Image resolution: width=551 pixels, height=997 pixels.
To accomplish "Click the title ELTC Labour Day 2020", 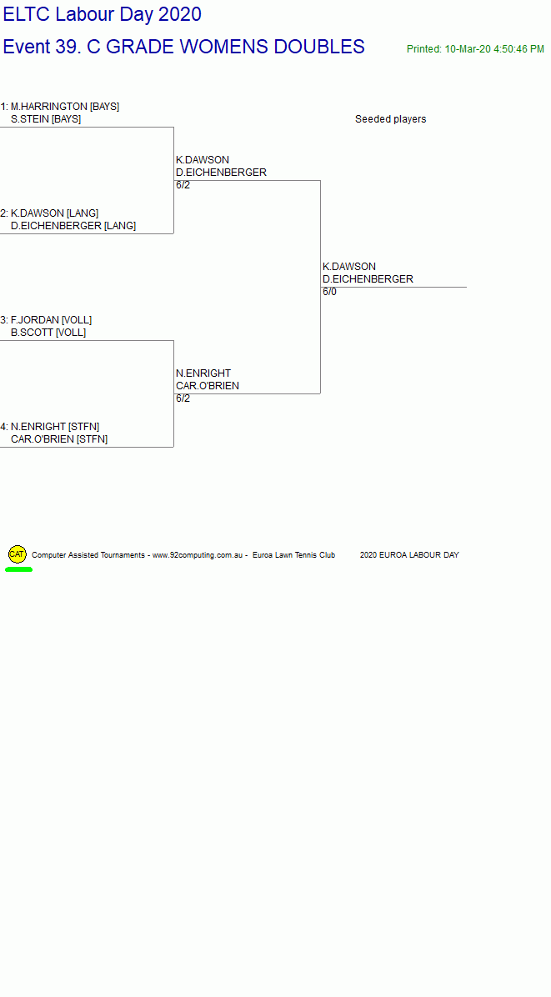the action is [103, 14].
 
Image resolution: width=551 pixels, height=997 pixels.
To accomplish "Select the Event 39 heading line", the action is [183, 47].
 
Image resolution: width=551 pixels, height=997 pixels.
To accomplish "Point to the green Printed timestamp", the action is [475, 49].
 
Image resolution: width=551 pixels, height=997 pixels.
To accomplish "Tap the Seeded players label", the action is [390, 119].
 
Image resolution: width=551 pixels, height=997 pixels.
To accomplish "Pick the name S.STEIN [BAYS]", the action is [46, 119].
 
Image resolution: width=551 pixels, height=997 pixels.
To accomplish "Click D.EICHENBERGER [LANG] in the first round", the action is [73, 226].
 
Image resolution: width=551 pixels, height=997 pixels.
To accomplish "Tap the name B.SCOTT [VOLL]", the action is [48, 333].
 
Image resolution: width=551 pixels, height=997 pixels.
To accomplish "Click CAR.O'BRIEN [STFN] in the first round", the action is [59, 439].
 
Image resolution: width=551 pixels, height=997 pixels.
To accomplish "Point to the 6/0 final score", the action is [330, 292].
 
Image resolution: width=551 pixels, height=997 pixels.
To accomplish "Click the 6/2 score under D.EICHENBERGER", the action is [183, 185].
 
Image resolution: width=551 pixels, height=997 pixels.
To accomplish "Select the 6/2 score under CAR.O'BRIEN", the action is [183, 398].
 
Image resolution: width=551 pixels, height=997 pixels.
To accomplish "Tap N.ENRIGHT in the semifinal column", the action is [203, 373].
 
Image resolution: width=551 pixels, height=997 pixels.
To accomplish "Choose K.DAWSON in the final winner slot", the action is [349, 267].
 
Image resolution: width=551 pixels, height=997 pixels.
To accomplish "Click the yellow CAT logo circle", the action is [18, 554].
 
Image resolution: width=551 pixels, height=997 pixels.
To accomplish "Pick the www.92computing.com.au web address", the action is [198, 555].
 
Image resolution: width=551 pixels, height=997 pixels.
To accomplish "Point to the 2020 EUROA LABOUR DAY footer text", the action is [409, 555].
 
